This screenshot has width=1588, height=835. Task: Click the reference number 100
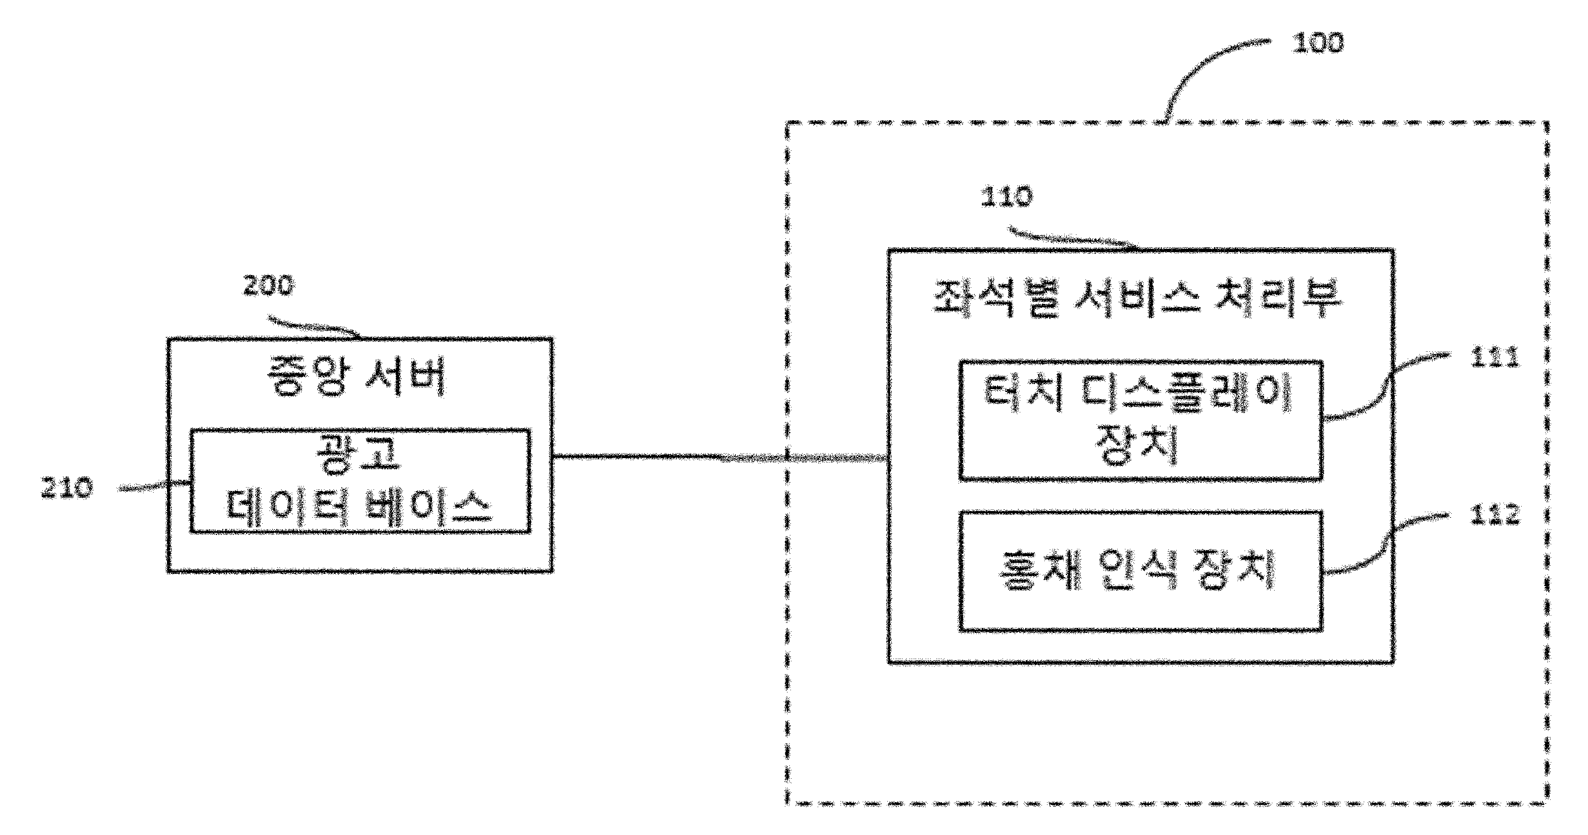(x=1317, y=42)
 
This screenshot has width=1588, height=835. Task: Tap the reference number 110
(x=1006, y=197)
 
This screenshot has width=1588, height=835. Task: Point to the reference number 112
(x=1495, y=514)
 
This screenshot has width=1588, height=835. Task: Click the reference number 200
(x=269, y=285)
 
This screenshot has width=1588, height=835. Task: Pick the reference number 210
(x=67, y=488)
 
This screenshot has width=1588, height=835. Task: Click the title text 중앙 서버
(x=357, y=376)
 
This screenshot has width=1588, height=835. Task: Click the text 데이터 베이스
(x=359, y=507)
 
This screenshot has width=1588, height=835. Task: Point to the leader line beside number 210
(x=154, y=487)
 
